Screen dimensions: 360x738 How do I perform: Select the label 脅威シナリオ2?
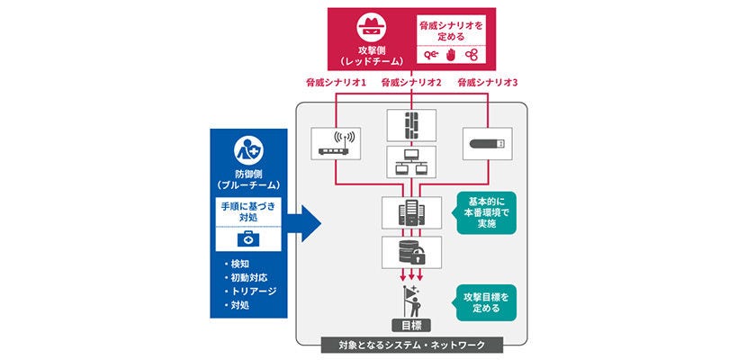[x=410, y=83]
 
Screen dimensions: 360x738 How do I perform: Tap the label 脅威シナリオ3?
[x=489, y=83]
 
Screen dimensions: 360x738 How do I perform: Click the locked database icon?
[x=410, y=251]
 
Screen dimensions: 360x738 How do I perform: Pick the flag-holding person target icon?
[x=410, y=298]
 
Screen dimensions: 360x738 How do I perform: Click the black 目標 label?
[x=410, y=325]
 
